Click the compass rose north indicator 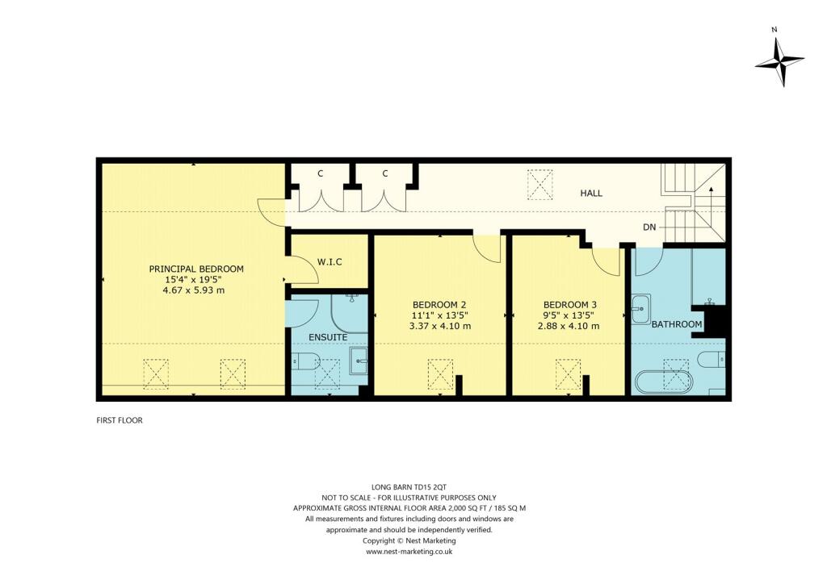click(779, 60)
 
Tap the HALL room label click(591, 194)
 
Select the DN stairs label click(649, 227)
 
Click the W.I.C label click(330, 261)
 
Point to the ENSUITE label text click(328, 336)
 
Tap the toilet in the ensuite click(304, 361)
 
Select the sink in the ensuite click(359, 360)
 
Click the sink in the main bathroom click(640, 307)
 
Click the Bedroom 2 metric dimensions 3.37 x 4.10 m click(440, 327)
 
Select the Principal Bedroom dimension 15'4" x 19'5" click(195, 280)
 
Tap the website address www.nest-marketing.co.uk click(409, 552)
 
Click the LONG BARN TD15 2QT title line click(409, 487)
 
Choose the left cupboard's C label click(321, 173)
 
